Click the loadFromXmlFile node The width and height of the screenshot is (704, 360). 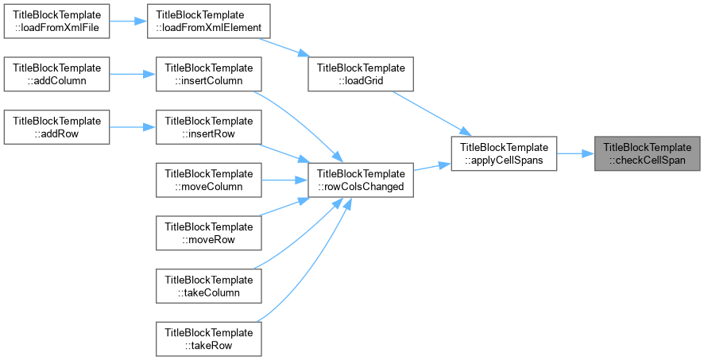pos(56,21)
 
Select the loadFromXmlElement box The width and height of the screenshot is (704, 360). pos(209,21)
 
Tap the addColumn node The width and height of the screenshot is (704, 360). pos(56,74)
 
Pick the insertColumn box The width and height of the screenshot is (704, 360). pos(209,74)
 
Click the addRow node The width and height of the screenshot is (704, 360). pos(56,127)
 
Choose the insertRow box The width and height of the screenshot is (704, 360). pos(209,127)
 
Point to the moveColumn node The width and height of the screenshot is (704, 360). pos(209,180)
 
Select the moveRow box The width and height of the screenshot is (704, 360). pos(209,233)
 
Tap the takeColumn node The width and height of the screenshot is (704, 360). pos(209,286)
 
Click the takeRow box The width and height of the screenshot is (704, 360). pos(209,339)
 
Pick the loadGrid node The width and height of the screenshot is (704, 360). pos(361,74)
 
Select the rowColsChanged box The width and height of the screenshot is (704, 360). pos(361,180)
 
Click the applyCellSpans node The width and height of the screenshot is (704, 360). pos(504,153)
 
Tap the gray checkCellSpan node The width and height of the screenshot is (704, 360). pos(647,153)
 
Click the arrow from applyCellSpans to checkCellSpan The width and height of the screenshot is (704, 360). pos(575,153)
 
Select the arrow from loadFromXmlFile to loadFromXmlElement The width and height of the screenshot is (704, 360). pos(129,21)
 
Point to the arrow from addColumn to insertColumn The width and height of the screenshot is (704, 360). pos(133,74)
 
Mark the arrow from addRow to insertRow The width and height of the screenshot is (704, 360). pos(133,127)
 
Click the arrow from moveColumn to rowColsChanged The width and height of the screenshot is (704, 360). pos(284,180)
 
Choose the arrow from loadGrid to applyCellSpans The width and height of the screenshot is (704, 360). pos(432,114)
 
